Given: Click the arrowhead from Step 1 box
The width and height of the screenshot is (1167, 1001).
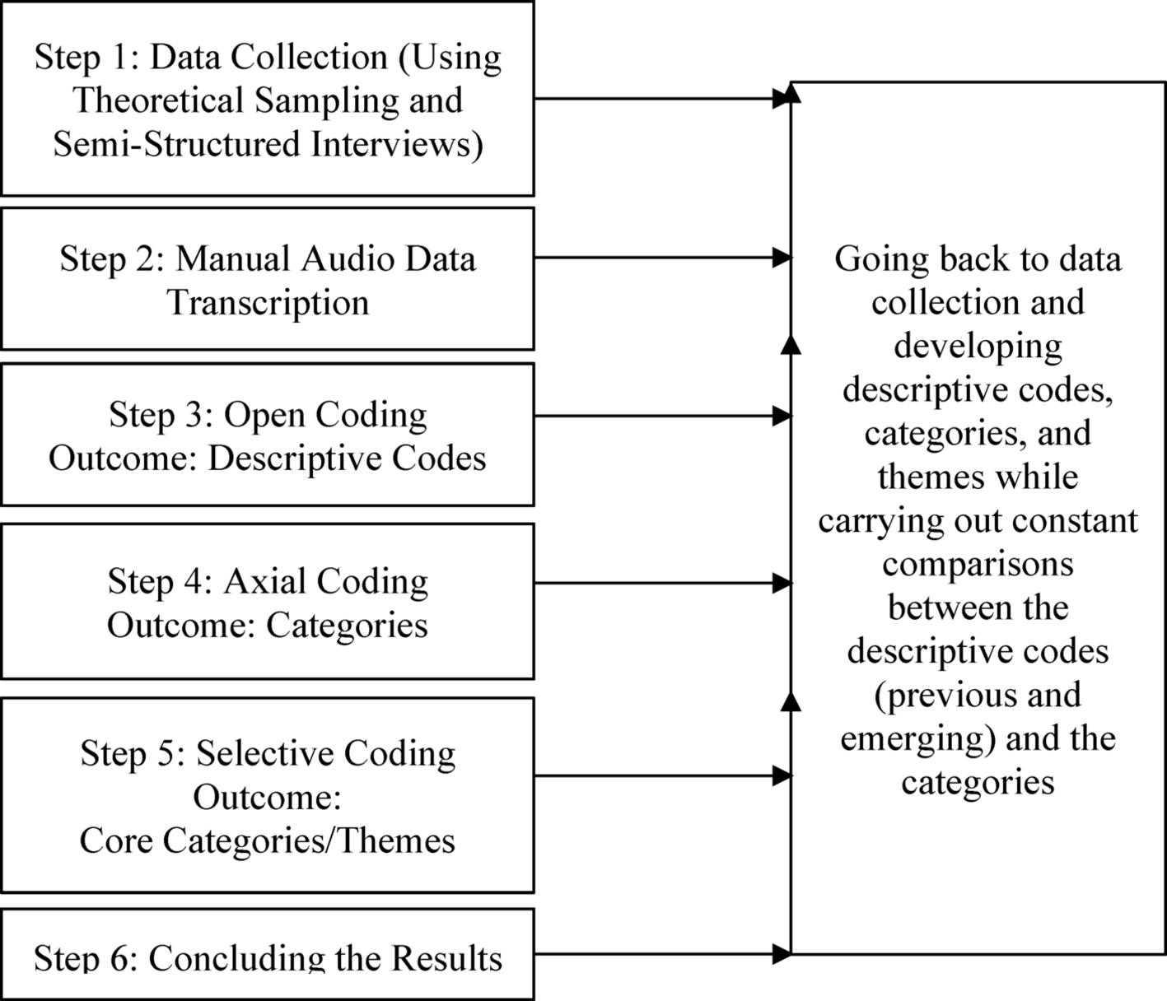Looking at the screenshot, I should point(782,99).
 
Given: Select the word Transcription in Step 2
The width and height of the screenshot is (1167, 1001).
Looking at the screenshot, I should point(268,302).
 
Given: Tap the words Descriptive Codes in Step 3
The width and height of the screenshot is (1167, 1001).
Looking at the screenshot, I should point(347,459).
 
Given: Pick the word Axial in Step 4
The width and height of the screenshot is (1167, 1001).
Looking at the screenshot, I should point(264,581).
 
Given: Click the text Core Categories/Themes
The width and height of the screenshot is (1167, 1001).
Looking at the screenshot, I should point(268,840).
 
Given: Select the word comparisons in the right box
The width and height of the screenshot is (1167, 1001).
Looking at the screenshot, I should point(978,565).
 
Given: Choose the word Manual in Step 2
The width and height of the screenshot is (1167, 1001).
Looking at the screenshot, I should point(233,258).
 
